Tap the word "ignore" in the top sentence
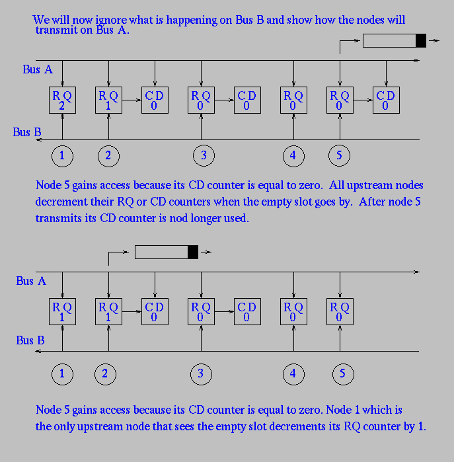pos(111,20)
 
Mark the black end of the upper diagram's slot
pos(421,41)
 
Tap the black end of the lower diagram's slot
pos(193,252)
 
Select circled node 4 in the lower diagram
pos(293,374)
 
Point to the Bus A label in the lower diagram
pos(31,281)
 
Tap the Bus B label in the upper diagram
pos(27,132)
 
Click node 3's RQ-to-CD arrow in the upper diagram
pos(224,100)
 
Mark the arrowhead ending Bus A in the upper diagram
pos(416,60)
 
